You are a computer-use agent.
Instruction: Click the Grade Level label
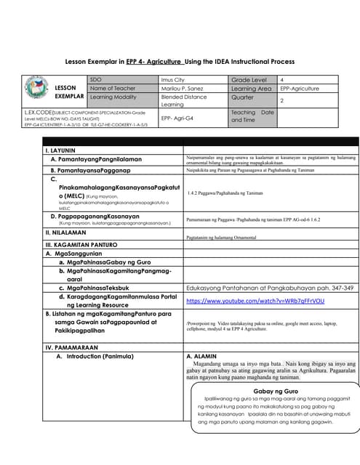pyautogui.click(x=249, y=78)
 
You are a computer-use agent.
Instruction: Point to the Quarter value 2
pyautogui.click(x=281, y=101)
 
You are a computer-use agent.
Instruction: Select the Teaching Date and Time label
pyautogui.click(x=252, y=116)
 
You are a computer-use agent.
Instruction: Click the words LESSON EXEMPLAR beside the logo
pyautogui.click(x=70, y=92)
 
